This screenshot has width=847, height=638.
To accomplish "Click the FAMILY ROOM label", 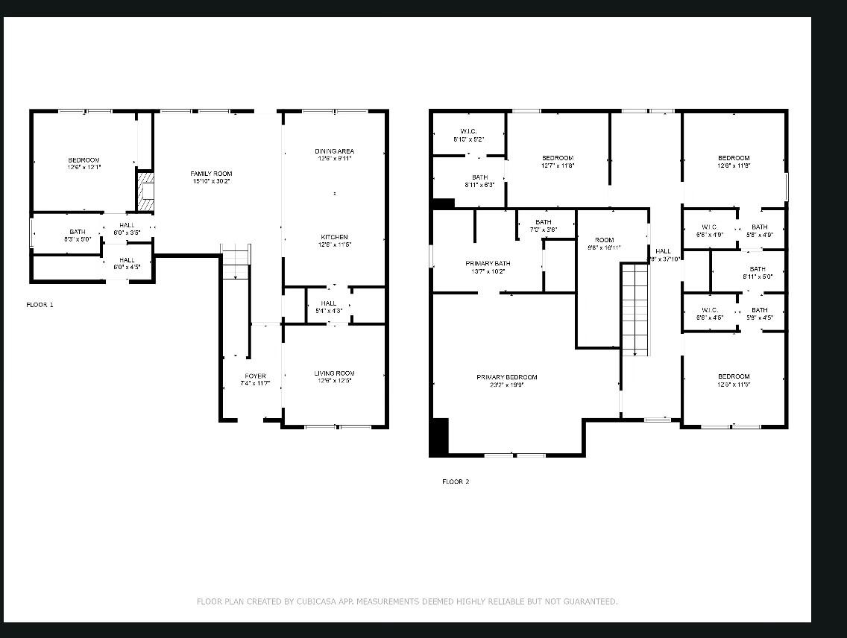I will (211, 174).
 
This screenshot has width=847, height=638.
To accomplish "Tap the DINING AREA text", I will (334, 151).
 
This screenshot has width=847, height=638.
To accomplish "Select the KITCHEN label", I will (334, 237).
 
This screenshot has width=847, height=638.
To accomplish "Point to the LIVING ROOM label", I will (334, 373).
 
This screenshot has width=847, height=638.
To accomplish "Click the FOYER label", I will (255, 376).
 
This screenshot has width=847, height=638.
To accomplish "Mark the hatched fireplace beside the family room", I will (145, 192).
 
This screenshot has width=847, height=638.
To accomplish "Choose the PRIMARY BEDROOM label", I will (507, 377).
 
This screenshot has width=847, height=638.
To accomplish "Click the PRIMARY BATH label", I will (488, 263).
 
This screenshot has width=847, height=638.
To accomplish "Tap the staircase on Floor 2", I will (635, 309).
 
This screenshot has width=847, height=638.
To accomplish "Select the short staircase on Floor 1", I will (236, 261).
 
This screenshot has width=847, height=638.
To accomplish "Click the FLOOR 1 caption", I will (40, 305).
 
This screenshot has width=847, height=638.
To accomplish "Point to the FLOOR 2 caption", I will (456, 481).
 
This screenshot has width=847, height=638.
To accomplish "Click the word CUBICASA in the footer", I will (316, 601).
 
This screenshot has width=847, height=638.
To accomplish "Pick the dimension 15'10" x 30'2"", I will (211, 181).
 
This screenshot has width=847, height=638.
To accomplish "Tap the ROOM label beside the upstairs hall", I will (604, 240).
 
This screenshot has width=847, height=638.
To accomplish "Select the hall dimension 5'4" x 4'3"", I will (329, 310).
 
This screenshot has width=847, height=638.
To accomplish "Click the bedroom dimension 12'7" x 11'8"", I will (558, 165).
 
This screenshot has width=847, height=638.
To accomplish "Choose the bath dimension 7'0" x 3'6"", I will (544, 230).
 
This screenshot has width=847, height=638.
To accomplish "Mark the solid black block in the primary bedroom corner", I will (439, 437).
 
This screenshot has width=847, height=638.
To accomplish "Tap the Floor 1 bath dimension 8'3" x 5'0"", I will (78, 239).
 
